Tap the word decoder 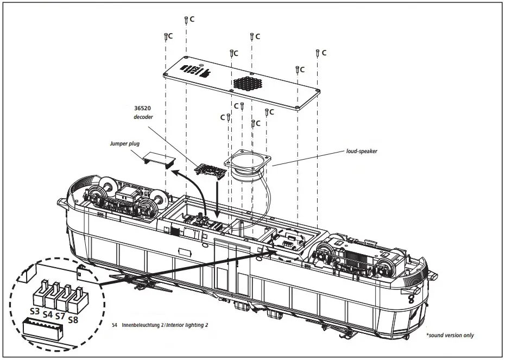144,117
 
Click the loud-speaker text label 361,151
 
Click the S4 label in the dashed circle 47,314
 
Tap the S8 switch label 73,320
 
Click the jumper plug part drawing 159,159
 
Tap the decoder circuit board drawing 211,170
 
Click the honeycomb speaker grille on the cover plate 249,84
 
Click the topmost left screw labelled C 186,20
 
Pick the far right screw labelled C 317,53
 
